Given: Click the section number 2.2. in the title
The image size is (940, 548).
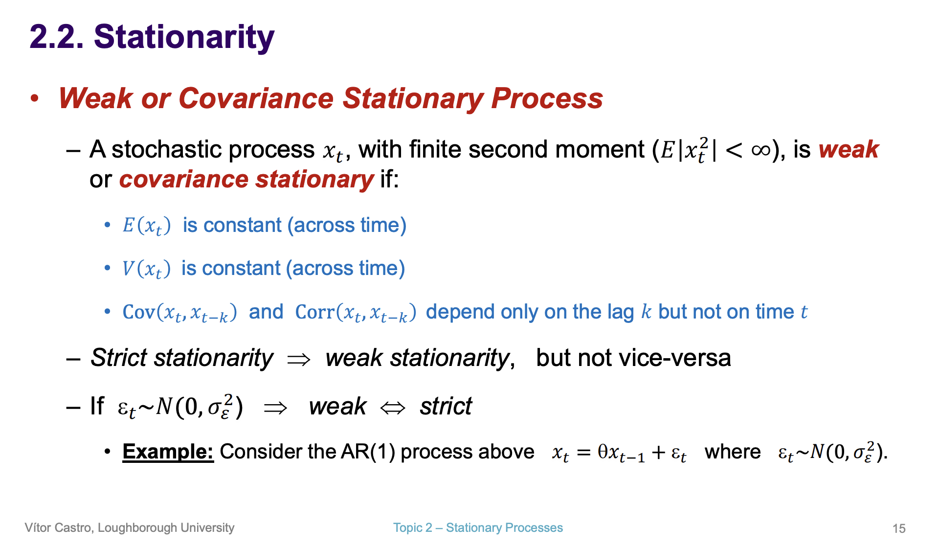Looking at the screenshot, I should tap(56, 37).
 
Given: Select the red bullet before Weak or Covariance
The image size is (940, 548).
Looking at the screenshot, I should tap(34, 98).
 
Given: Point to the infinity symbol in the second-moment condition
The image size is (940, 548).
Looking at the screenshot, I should tap(761, 150).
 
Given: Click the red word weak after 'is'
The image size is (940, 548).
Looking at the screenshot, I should tap(849, 150).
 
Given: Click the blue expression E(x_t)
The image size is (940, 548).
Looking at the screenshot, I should tap(146, 226).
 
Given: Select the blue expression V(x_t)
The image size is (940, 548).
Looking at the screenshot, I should tap(146, 269).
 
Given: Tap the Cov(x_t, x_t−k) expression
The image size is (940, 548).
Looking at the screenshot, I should tap(179, 312).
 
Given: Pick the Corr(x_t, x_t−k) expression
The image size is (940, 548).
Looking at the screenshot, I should tap(356, 312).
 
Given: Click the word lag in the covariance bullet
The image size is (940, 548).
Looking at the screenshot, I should tap(621, 312).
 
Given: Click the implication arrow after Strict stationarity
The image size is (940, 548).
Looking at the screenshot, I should tap(299, 360).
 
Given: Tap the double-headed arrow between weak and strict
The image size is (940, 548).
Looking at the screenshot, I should tap(393, 408).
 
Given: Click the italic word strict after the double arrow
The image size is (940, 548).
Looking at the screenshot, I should tap(446, 406).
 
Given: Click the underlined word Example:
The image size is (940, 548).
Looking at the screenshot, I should tap(168, 452).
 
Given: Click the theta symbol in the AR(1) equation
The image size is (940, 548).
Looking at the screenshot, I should tap(603, 451).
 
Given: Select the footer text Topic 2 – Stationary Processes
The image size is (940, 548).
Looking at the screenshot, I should tap(478, 528).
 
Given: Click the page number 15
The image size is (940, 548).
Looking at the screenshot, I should tap(899, 528).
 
